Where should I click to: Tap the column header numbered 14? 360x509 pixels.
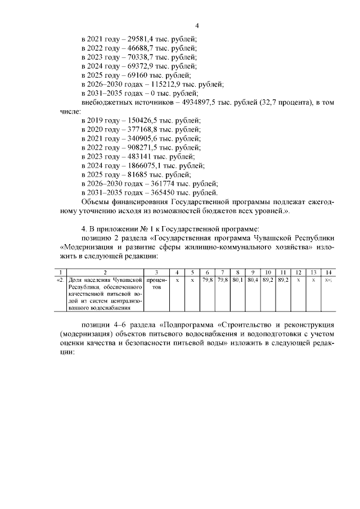tap(328, 272)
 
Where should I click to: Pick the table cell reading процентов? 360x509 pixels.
tap(156, 282)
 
